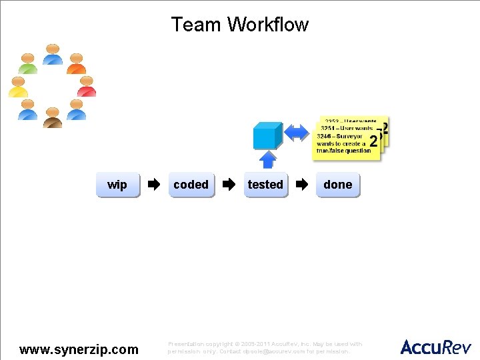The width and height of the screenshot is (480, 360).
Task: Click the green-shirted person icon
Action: click(x=28, y=63)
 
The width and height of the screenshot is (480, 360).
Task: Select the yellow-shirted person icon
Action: click(x=18, y=87)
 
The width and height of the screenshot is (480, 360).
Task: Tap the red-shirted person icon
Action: click(x=87, y=87)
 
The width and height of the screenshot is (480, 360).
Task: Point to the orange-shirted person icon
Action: click(x=77, y=63)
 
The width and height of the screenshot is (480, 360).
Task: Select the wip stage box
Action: click(x=117, y=185)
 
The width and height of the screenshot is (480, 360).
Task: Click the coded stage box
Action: click(x=191, y=185)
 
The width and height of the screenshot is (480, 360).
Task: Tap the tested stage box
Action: click(x=265, y=185)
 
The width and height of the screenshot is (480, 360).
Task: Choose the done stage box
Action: click(x=337, y=185)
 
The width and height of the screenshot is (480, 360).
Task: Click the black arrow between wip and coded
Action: click(x=154, y=185)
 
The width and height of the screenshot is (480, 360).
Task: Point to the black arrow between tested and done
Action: click(x=303, y=185)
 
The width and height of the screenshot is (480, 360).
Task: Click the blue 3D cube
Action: click(x=266, y=135)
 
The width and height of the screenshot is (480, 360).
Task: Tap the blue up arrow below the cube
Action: click(x=267, y=160)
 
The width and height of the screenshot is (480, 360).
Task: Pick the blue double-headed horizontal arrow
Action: click(x=297, y=133)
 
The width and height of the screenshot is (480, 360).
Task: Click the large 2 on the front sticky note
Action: click(x=373, y=141)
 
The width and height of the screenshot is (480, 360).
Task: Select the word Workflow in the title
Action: click(x=268, y=25)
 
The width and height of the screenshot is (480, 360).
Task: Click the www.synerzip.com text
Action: click(x=79, y=349)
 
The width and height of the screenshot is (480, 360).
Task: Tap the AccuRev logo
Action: click(x=435, y=347)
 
